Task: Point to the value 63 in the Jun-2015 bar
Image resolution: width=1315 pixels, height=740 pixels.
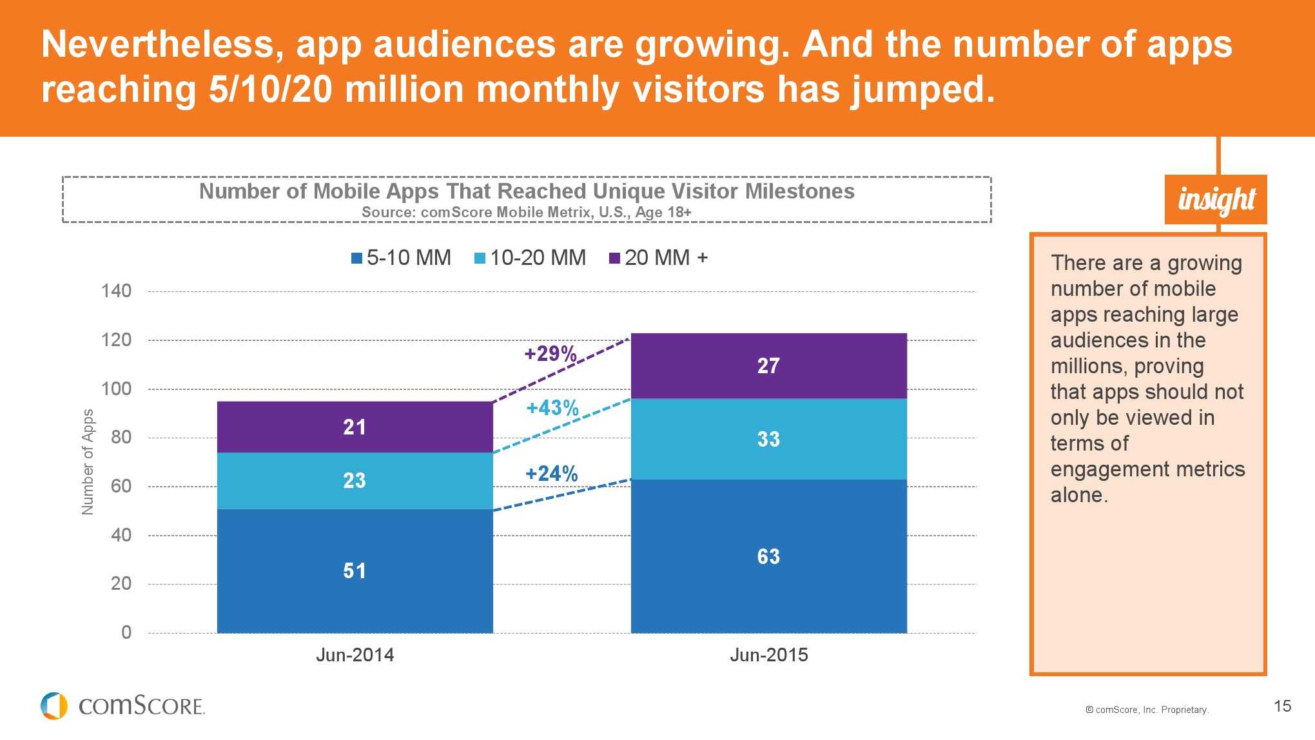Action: [x=768, y=556]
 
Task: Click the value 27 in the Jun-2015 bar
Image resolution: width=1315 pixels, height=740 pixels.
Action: [x=768, y=366]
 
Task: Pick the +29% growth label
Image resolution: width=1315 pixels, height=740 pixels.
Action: [x=550, y=354]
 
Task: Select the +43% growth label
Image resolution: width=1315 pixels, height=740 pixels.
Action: [x=552, y=408]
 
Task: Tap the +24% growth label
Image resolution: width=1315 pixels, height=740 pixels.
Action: [x=551, y=474]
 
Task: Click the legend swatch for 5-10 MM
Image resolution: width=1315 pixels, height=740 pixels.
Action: [x=356, y=258]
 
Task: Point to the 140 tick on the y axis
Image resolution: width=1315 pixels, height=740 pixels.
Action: [x=116, y=291]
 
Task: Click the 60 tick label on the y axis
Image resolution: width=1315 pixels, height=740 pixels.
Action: [x=121, y=486]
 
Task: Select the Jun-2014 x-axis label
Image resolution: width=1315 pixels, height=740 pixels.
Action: [x=355, y=655]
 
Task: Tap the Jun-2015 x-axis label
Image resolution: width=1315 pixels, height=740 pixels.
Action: [x=768, y=655]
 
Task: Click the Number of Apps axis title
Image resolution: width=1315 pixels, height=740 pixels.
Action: [x=88, y=462]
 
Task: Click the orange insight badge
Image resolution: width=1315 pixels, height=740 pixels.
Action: [x=1216, y=199]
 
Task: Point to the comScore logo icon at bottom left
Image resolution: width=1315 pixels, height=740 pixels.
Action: [x=54, y=706]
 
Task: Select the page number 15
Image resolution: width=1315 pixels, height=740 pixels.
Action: [x=1282, y=706]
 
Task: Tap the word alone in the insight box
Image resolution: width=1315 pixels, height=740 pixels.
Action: [x=1079, y=495]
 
